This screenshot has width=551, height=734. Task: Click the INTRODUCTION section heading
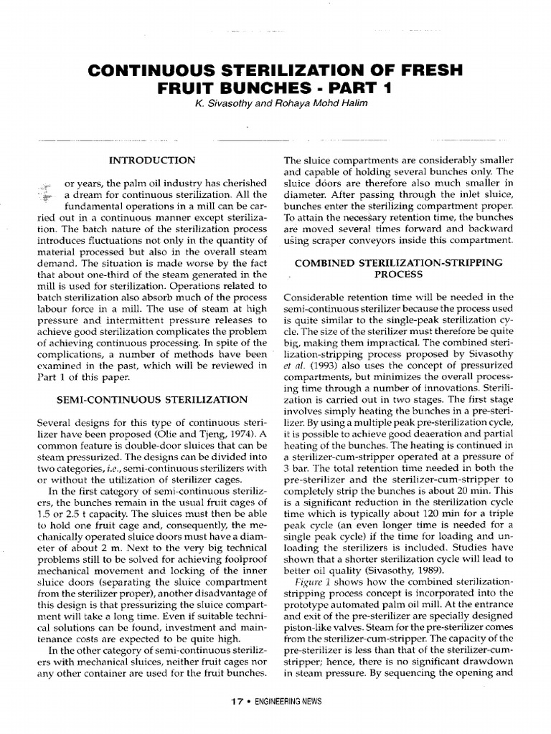pos(151,159)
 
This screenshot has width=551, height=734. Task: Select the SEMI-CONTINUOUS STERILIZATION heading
pos(152,399)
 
